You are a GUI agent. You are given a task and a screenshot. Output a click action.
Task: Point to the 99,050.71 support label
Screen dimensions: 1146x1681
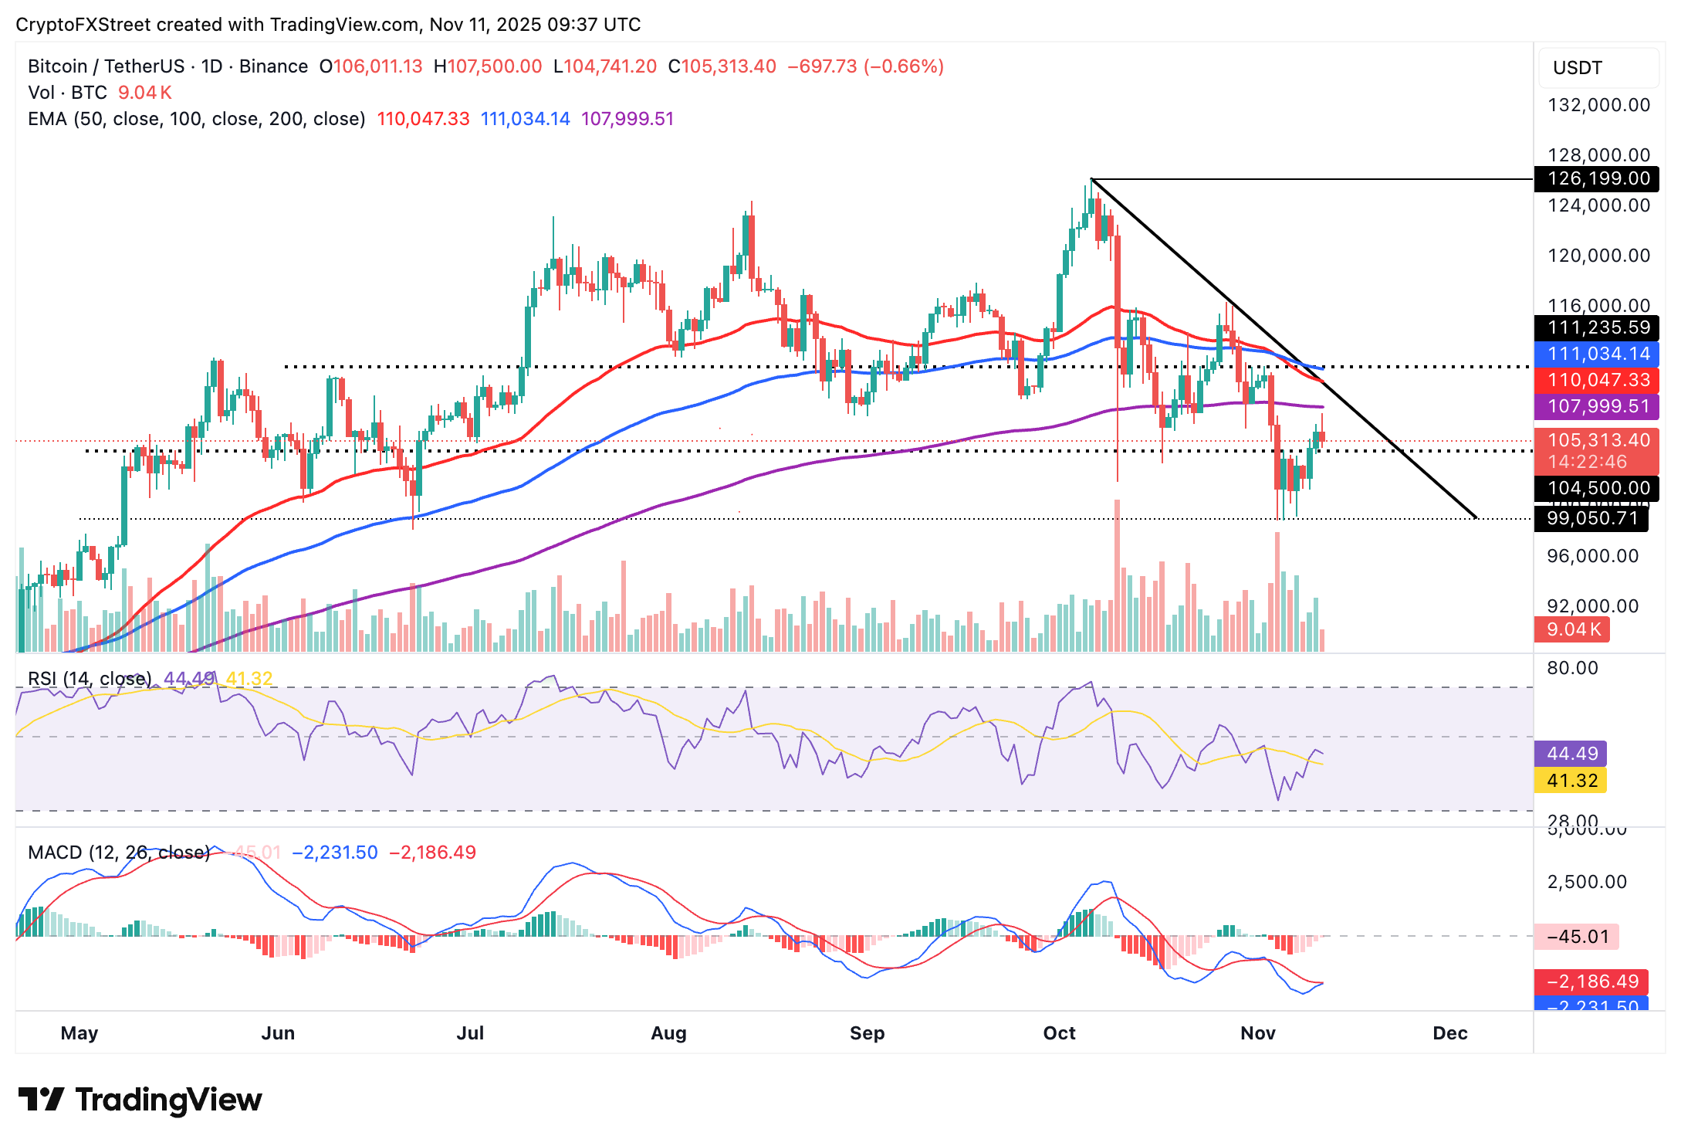[1591, 518]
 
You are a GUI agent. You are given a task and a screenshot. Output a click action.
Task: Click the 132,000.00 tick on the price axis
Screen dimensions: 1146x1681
[1598, 105]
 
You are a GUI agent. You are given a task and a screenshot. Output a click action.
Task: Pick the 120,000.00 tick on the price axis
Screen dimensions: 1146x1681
[1598, 256]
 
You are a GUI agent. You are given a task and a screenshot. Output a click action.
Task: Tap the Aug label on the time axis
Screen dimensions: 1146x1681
[668, 1033]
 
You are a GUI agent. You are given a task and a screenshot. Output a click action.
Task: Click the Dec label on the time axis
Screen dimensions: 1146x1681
[1449, 1033]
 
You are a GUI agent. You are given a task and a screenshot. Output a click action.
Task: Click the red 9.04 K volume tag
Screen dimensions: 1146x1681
[1573, 629]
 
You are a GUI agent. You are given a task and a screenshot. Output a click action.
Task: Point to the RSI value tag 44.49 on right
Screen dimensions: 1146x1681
[1571, 754]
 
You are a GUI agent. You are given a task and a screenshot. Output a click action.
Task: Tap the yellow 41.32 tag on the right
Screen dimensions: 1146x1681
[1571, 781]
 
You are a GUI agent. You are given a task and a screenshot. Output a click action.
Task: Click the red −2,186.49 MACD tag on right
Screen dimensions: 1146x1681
[1591, 982]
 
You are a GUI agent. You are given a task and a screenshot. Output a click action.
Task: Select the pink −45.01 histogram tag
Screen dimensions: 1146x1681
[1578, 937]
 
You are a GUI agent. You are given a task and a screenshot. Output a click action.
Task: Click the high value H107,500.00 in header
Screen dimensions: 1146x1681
[488, 66]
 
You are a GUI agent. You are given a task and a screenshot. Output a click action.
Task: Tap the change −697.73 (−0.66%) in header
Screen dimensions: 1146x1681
[865, 66]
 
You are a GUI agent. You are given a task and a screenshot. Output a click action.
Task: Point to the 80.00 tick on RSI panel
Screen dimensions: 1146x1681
[1572, 668]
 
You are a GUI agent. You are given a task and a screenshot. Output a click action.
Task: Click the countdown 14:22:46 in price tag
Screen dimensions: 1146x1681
[1586, 462]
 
